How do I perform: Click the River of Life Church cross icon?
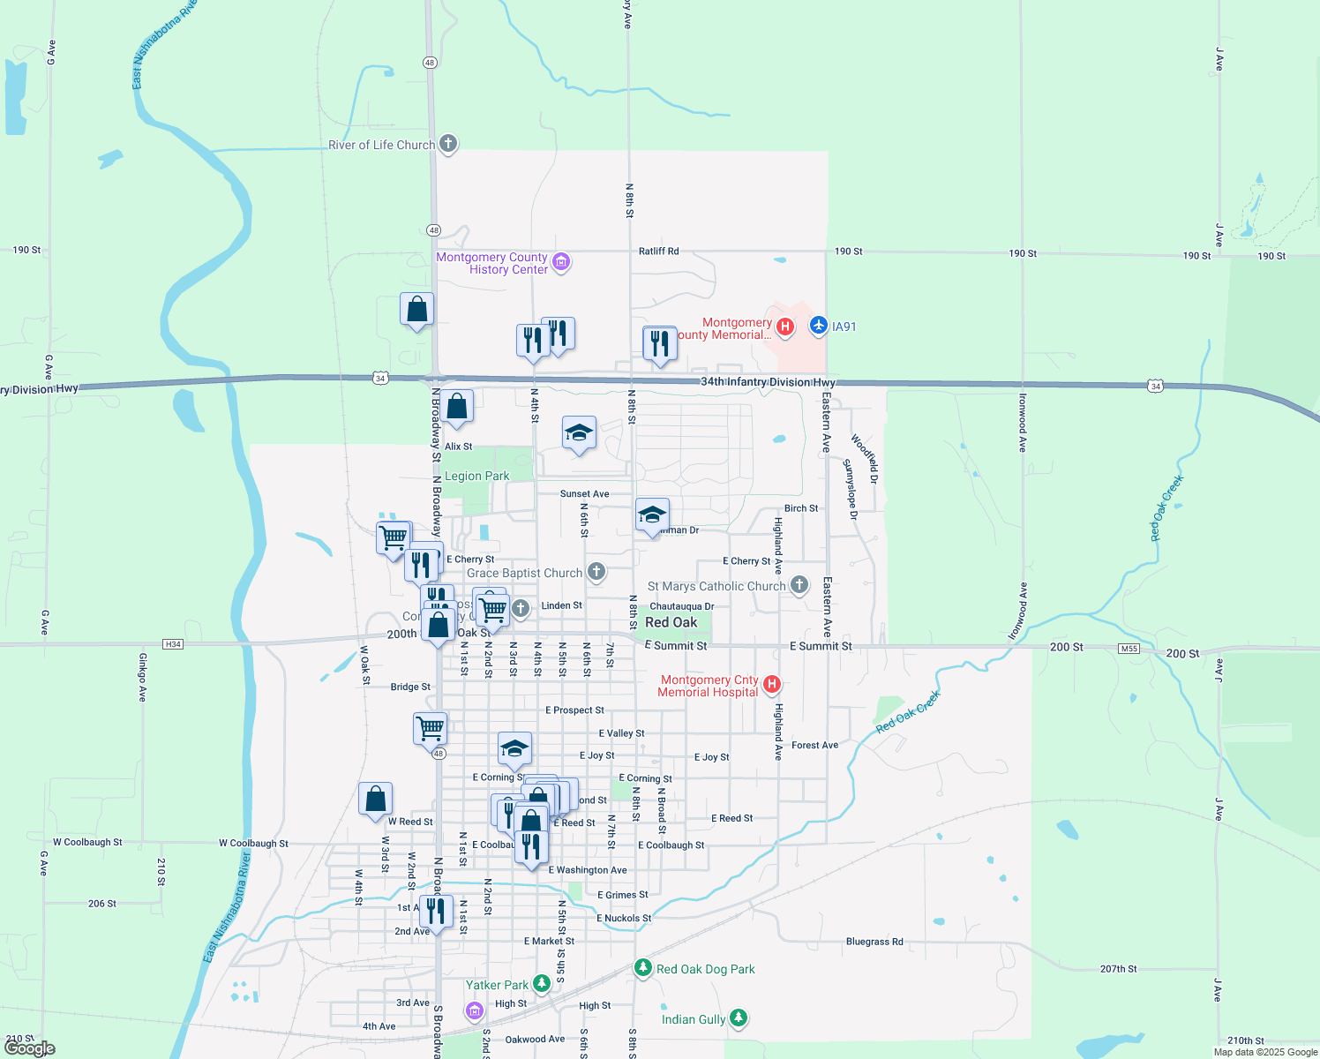point(448,144)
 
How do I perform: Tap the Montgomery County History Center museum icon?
point(561,262)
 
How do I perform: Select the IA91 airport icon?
point(818,327)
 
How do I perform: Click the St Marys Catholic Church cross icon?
point(799,585)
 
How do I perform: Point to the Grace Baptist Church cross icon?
point(596,572)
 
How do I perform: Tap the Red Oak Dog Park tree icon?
point(643,968)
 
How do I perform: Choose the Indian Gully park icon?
point(739,1018)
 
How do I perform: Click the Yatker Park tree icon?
point(542,984)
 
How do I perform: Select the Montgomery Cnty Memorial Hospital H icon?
point(772,684)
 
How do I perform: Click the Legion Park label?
point(476,476)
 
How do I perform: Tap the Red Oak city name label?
point(671,622)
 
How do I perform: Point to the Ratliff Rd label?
point(658,252)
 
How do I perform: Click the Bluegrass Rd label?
point(874,942)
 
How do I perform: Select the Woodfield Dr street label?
point(865,458)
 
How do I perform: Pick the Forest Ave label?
point(814,745)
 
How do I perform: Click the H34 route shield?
point(173,644)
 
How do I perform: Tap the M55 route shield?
point(1129,649)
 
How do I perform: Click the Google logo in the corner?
point(29,1048)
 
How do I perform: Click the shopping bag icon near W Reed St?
point(375,799)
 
